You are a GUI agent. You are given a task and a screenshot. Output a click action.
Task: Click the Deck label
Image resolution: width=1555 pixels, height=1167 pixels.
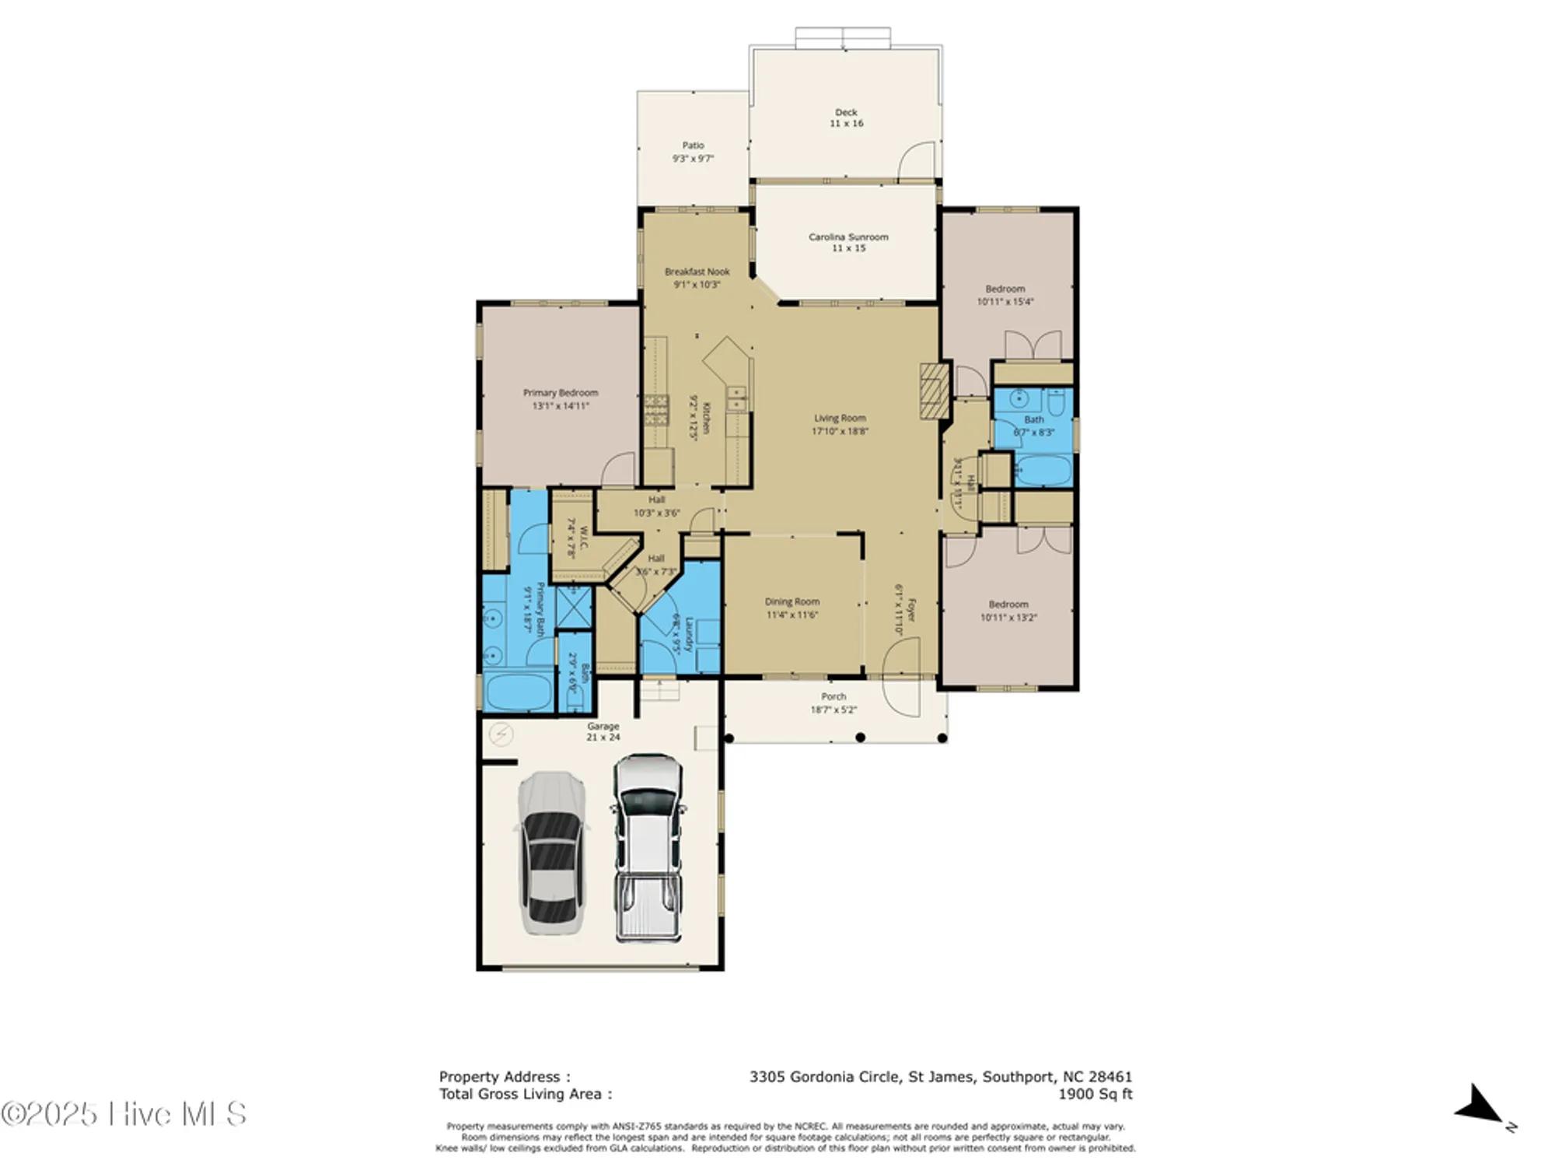[846, 117]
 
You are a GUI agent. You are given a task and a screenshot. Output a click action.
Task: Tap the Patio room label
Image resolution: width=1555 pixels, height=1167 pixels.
[693, 152]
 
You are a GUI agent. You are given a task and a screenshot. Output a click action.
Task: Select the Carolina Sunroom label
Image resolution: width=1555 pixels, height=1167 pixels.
[848, 242]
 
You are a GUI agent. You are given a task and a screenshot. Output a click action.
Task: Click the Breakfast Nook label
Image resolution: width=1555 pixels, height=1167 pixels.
[697, 278]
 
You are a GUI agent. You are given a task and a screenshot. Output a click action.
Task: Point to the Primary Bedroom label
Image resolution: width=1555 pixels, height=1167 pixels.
[561, 399]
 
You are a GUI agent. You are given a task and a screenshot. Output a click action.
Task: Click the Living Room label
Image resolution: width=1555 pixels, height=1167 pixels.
[840, 424]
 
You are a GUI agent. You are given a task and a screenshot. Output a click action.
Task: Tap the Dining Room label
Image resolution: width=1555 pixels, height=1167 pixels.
[791, 608]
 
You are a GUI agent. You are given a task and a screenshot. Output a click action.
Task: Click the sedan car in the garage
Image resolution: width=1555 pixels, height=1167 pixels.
[551, 853]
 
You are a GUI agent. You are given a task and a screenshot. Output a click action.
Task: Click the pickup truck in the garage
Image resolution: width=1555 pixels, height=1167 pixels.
[648, 848]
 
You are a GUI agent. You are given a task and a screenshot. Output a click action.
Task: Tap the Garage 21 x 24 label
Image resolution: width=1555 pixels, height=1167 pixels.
[603, 731]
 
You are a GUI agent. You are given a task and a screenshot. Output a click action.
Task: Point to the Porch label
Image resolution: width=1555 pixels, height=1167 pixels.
[833, 703]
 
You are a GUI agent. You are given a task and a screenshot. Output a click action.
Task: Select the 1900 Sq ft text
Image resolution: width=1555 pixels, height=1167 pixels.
[1095, 1094]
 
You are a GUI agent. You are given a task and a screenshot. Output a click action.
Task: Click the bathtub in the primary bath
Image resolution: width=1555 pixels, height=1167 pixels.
[518, 693]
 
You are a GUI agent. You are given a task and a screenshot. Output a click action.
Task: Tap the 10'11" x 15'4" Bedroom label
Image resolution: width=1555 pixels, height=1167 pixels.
[1005, 295]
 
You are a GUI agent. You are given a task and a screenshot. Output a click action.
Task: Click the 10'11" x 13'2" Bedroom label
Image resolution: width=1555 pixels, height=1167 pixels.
[1008, 611]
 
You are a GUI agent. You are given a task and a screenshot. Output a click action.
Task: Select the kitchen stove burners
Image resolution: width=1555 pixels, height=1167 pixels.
[656, 410]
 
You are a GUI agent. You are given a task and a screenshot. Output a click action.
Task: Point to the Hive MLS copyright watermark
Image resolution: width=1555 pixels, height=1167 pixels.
[124, 1114]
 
